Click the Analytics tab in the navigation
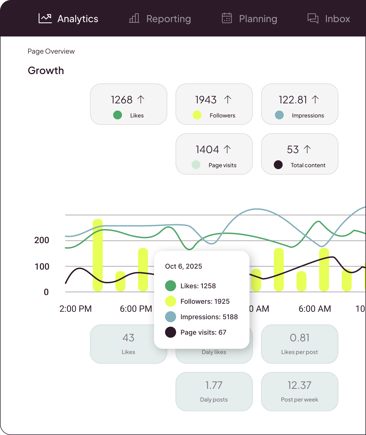pos(68,19)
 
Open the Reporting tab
pos(160,19)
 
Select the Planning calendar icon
pos(227,18)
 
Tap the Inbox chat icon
pos(313,18)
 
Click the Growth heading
pos(46,70)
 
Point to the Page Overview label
pos(51,51)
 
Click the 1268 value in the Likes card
pos(122,100)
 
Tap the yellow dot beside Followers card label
pos(197,115)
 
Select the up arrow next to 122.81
pos(315,99)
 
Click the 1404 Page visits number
pos(207,150)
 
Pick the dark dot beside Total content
pos(278,165)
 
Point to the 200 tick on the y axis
pos(42,240)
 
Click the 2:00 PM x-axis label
pos(76,309)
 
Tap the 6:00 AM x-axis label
pos(315,309)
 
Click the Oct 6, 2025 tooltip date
pos(184,266)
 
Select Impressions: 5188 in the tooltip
pos(209,317)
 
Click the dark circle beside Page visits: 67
pos(171,332)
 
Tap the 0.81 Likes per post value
pos(300,338)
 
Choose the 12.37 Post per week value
pos(300,385)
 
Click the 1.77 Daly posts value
pos(214,385)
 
